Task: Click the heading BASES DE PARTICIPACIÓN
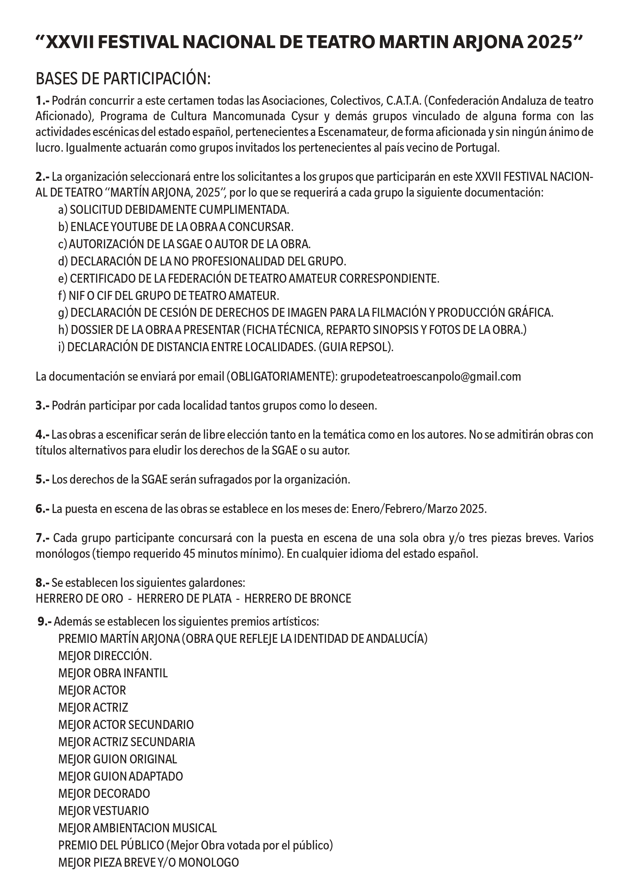(123, 79)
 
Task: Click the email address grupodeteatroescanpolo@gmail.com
(430, 376)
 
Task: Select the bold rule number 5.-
(42, 480)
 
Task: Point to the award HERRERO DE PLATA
(184, 598)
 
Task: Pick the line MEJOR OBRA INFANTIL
(113, 673)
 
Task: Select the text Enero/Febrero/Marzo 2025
(418, 509)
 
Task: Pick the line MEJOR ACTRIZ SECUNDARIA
(126, 741)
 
